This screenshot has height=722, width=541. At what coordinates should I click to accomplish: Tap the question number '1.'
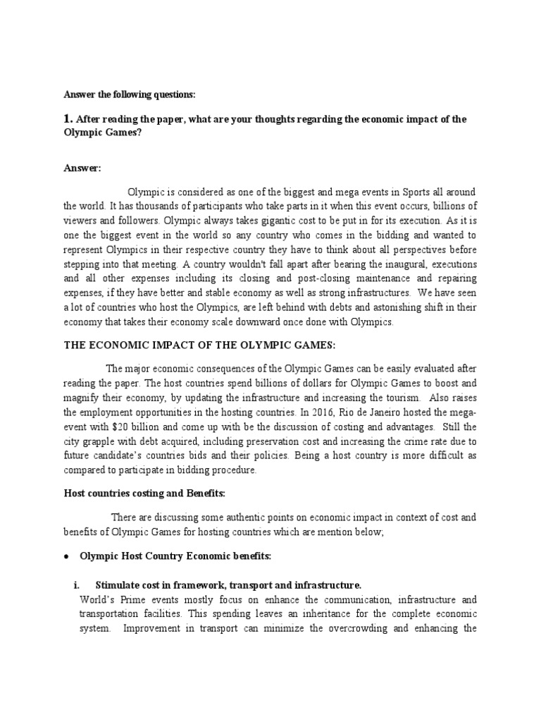point(68,119)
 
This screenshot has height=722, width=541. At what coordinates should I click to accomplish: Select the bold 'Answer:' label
point(82,168)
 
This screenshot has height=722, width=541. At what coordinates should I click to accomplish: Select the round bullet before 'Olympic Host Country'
point(66,556)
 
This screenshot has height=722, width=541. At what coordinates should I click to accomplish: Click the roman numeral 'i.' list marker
point(77,585)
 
